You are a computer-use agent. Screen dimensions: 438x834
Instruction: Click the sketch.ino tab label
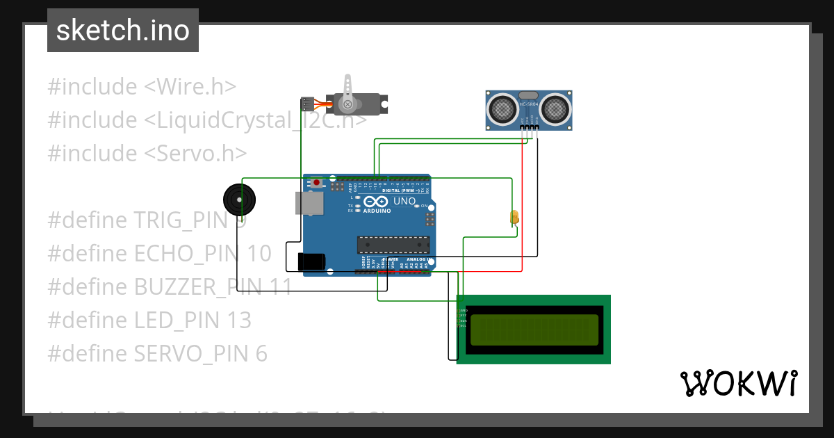(123, 31)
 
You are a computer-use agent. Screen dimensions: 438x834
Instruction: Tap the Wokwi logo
(738, 383)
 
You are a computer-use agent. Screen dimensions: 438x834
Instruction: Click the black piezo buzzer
(239, 200)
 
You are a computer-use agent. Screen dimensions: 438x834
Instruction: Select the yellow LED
(514, 216)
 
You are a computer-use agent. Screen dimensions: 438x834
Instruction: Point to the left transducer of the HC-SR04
(502, 108)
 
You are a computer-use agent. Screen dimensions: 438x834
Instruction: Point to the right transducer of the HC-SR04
(555, 108)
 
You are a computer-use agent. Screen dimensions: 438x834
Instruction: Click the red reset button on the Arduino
(317, 183)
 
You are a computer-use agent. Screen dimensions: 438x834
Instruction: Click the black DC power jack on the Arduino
(311, 261)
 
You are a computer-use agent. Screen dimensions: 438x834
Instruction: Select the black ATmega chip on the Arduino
(393, 244)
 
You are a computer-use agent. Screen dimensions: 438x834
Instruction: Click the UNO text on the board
(404, 202)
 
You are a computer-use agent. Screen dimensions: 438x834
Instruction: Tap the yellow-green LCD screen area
(534, 330)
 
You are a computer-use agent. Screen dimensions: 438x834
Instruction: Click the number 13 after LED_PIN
(239, 321)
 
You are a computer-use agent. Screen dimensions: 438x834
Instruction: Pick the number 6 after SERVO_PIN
(261, 354)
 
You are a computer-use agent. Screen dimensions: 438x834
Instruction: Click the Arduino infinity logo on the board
(376, 202)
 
